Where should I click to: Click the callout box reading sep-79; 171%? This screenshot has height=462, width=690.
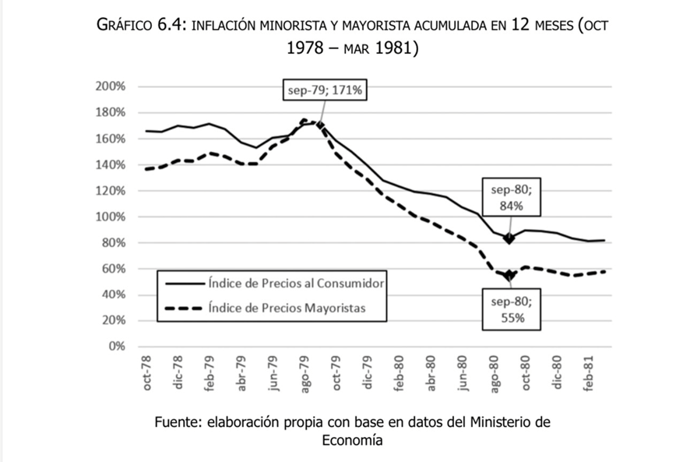(x=324, y=90)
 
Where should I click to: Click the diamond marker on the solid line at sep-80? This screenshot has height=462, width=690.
(x=509, y=238)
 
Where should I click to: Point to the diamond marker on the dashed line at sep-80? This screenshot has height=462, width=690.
(x=509, y=275)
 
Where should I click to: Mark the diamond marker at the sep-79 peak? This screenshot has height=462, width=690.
(x=319, y=125)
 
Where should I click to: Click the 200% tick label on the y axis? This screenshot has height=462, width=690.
(x=111, y=86)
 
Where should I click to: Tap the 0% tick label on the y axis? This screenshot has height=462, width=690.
(x=116, y=346)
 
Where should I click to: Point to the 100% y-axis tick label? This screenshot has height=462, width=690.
(x=111, y=217)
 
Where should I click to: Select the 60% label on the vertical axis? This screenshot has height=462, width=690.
(x=114, y=269)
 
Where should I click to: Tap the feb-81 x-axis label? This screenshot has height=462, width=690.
(x=591, y=374)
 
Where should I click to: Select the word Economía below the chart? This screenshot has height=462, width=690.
(x=352, y=440)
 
